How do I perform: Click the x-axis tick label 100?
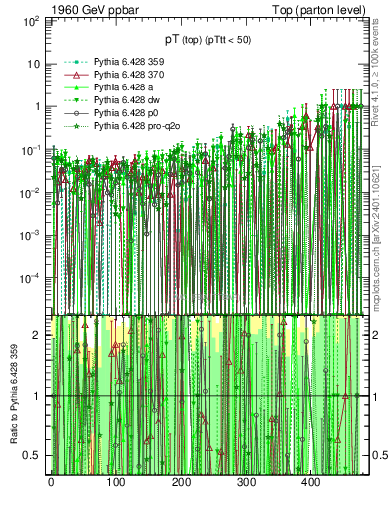tap(115, 482)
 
